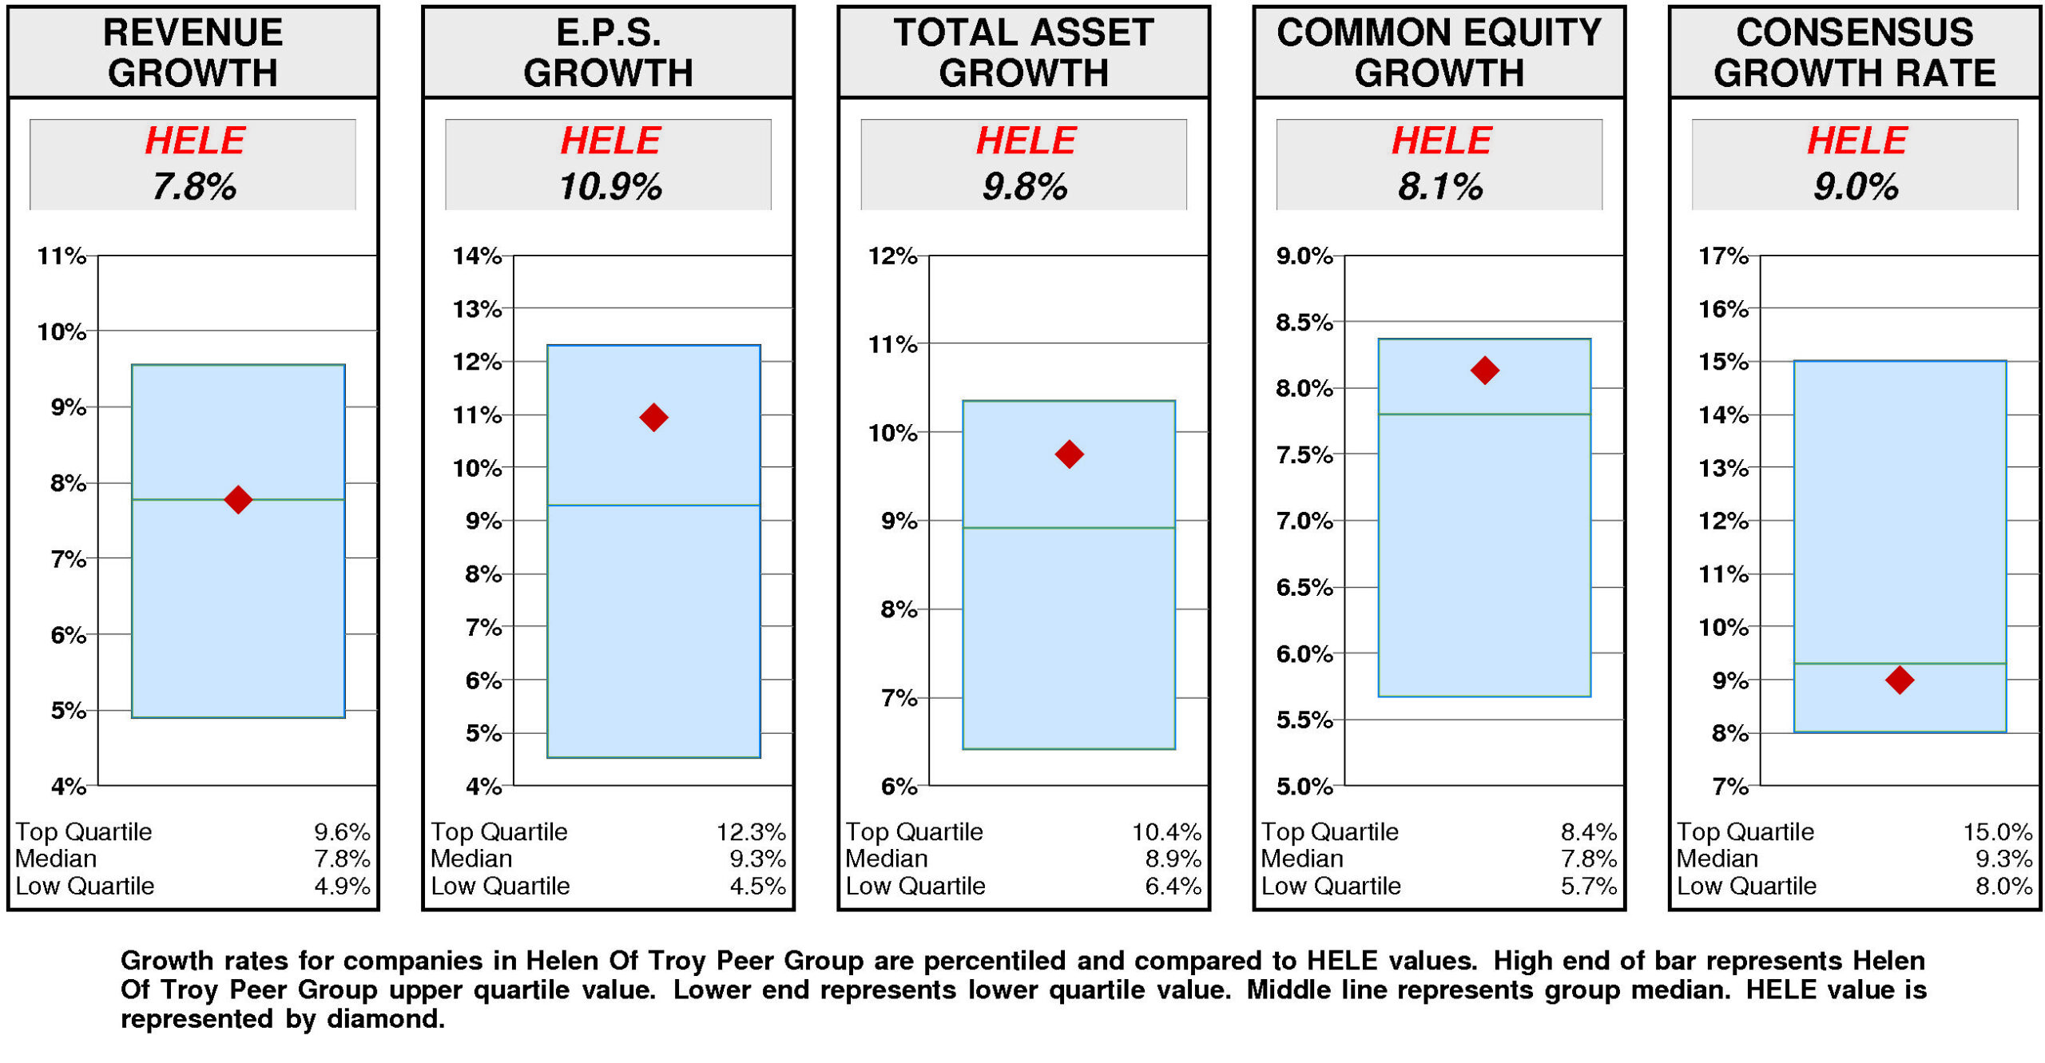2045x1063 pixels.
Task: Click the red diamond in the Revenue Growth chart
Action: [x=238, y=499]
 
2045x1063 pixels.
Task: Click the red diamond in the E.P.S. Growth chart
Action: [x=653, y=417]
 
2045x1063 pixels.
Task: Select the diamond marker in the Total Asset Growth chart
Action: [x=1069, y=454]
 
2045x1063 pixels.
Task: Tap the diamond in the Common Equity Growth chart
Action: [x=1484, y=370]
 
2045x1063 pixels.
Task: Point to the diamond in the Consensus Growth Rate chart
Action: [x=1900, y=680]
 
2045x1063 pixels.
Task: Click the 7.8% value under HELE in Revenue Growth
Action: [x=194, y=187]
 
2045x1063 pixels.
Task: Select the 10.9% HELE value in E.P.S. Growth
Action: [x=610, y=187]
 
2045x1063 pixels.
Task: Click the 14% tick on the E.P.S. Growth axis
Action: [x=477, y=256]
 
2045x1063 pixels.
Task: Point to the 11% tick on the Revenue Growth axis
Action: [x=62, y=256]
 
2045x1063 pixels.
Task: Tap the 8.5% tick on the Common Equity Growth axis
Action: [x=1304, y=323]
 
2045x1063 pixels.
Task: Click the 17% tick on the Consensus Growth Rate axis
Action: [x=1723, y=256]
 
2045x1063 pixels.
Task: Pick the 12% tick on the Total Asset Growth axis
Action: [x=892, y=256]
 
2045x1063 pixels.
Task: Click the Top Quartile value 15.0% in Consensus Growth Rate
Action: [x=1997, y=831]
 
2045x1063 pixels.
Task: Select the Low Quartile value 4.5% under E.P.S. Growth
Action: [x=757, y=886]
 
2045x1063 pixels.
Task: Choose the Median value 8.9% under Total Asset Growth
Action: [x=1173, y=859]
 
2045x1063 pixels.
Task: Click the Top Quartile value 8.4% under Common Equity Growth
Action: [x=1588, y=831]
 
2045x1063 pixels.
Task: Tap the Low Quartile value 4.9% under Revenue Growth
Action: [x=342, y=886]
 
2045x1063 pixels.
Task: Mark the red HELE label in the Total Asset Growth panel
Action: [x=1026, y=141]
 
